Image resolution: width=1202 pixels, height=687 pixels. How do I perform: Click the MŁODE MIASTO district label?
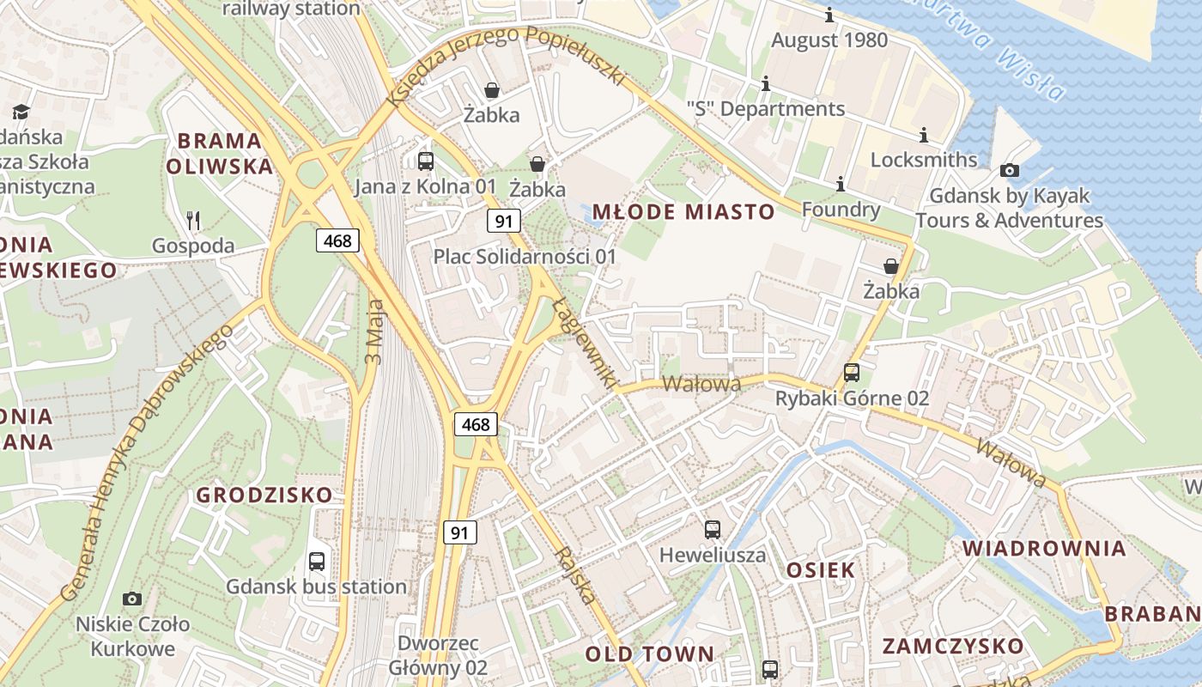click(x=695, y=212)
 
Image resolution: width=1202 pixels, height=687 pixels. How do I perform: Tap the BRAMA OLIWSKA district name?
click(x=220, y=153)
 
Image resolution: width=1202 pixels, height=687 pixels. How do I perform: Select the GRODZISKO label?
click(x=264, y=495)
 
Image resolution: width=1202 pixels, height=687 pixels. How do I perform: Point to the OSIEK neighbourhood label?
click(x=821, y=569)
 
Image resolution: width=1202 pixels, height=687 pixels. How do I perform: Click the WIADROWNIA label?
click(x=1043, y=548)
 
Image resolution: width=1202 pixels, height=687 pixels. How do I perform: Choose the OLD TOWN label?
click(x=649, y=654)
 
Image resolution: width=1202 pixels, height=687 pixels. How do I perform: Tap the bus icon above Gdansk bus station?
click(x=317, y=562)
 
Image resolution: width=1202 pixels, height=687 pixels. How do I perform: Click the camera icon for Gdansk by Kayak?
click(x=1010, y=170)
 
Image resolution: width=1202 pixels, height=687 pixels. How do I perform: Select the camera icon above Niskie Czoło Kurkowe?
click(x=132, y=599)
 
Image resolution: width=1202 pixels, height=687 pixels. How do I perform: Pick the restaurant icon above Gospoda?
click(x=193, y=221)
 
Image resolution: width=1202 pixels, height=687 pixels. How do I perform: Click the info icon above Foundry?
click(x=841, y=184)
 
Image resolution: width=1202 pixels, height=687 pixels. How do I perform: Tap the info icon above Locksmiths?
click(x=924, y=135)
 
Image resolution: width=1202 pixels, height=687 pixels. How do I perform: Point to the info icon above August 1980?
click(x=829, y=15)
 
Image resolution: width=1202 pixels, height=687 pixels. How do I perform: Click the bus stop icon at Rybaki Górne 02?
click(x=852, y=373)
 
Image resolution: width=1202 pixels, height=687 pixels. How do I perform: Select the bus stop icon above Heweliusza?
click(x=713, y=529)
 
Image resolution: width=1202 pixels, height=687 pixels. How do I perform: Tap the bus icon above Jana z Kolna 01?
click(x=426, y=161)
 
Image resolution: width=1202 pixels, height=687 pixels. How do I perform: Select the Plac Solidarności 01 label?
click(x=525, y=256)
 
